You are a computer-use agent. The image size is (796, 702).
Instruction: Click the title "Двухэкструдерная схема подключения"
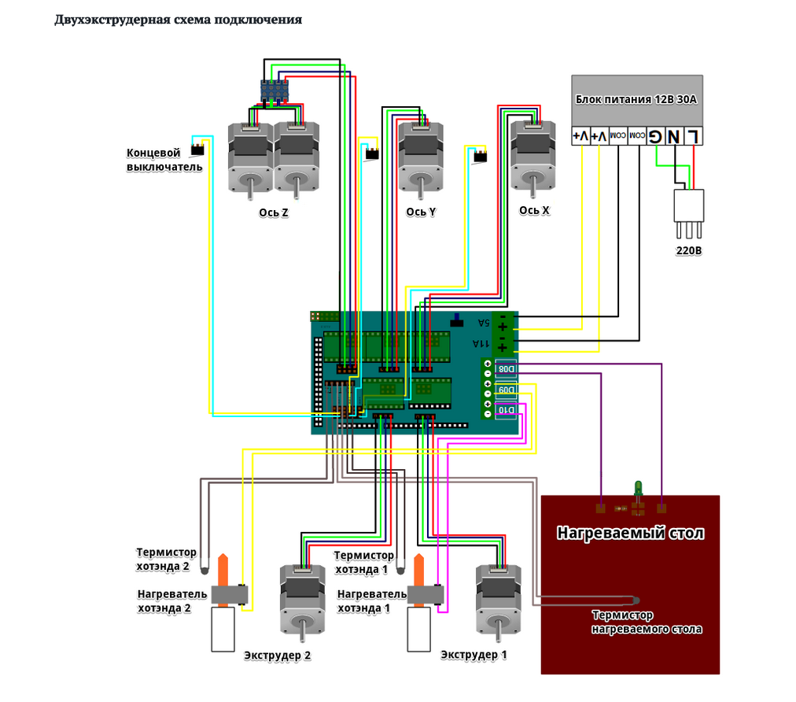coord(178,20)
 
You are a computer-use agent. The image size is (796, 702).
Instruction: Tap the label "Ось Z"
coord(273,212)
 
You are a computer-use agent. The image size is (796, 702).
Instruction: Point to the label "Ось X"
coord(534,210)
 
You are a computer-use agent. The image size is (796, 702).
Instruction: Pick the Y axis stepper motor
coord(421,157)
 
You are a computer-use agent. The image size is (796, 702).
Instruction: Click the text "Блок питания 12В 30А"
coord(636,100)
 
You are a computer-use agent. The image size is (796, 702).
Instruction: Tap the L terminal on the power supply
coord(692,136)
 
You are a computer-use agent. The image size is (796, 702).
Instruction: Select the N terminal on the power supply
coord(674,136)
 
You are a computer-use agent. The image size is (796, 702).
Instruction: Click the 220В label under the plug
coord(689,252)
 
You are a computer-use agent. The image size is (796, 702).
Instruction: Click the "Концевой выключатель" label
coord(164,160)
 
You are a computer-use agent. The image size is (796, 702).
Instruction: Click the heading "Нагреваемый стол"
coord(630,533)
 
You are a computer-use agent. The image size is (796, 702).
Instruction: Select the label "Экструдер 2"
coord(278,656)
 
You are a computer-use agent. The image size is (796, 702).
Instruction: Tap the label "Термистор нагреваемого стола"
coord(647,623)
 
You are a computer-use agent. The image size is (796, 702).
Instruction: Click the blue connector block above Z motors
coord(275,92)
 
